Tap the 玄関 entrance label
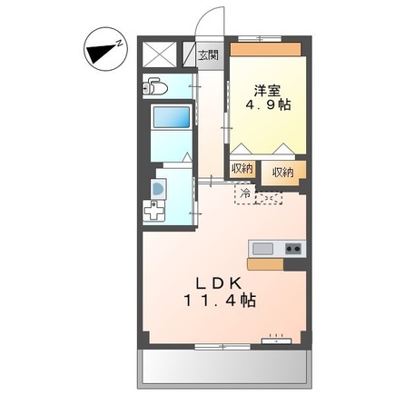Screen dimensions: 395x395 pos(208,54)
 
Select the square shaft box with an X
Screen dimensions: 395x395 pos(160,55)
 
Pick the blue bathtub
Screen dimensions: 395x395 pos(170,117)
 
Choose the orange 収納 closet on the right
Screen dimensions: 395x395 pos(282,172)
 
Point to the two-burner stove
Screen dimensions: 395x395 pos(293,248)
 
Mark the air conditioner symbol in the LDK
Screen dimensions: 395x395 pos(276,341)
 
